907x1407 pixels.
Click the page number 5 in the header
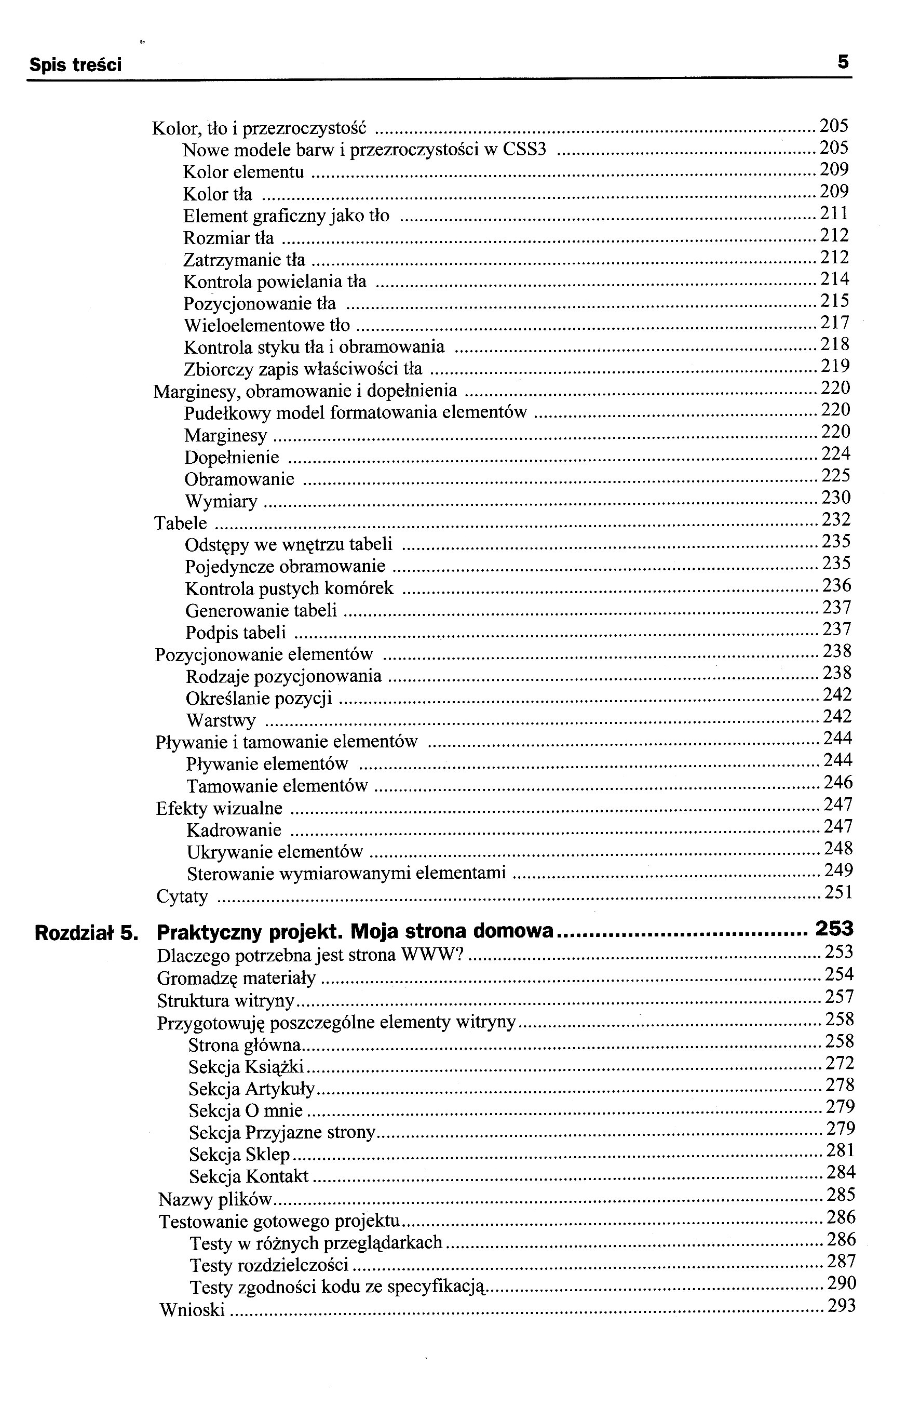(x=843, y=62)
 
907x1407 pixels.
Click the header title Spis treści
(x=75, y=65)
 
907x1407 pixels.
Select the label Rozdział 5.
(x=86, y=933)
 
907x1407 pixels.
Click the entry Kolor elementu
(x=243, y=172)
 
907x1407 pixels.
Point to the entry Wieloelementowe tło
(x=266, y=325)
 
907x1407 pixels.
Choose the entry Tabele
(x=180, y=523)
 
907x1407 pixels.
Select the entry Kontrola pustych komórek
(x=289, y=588)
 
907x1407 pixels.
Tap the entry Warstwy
(x=221, y=720)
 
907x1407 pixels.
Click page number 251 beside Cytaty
(x=838, y=892)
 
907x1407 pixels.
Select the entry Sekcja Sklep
(x=239, y=1154)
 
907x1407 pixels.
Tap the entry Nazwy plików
(x=215, y=1199)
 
